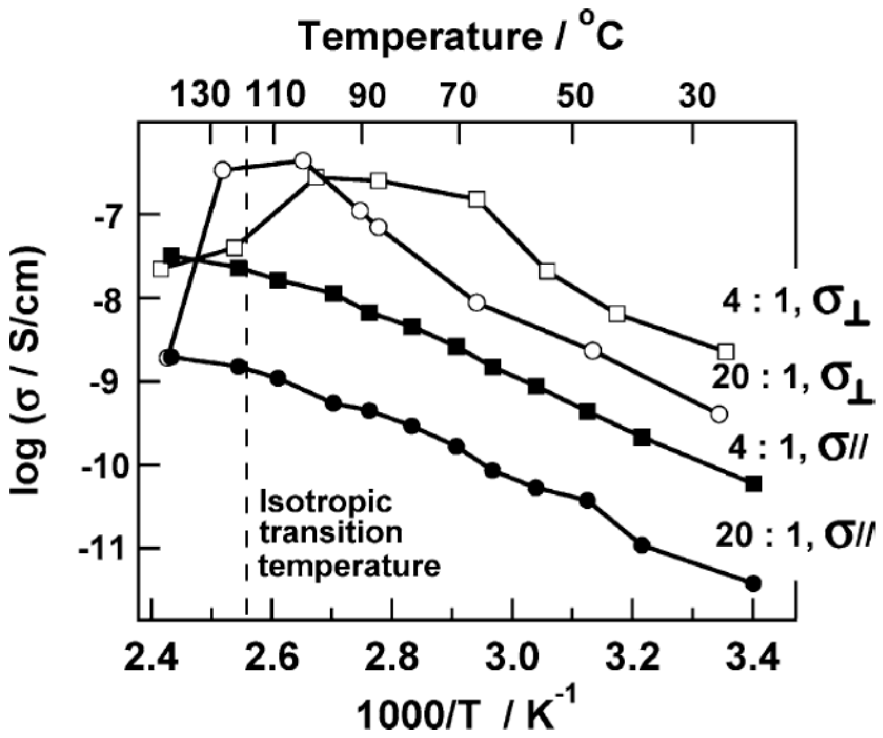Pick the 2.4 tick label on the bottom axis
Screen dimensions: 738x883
pos(152,657)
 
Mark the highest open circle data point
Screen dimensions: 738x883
pos(303,160)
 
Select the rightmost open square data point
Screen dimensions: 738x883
pos(725,351)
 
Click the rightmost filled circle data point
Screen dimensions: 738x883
pos(754,583)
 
